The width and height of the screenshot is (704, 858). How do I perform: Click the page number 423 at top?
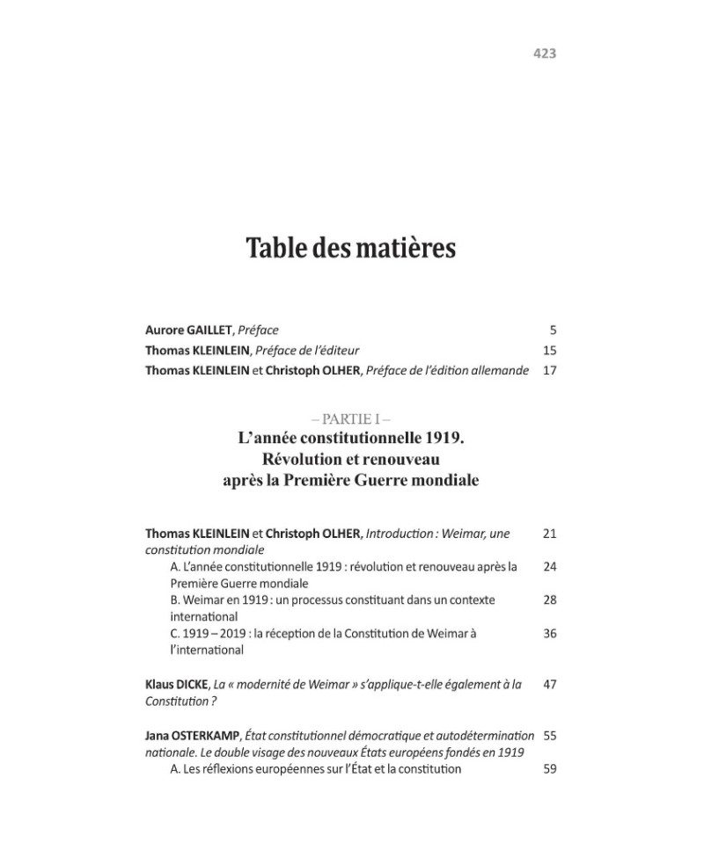click(545, 54)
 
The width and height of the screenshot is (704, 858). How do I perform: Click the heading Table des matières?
click(350, 248)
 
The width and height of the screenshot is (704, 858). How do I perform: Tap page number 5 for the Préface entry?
click(552, 331)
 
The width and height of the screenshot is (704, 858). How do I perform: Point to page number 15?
click(550, 350)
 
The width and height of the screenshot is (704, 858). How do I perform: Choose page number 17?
click(550, 370)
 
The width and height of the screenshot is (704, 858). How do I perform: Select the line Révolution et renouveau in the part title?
click(350, 458)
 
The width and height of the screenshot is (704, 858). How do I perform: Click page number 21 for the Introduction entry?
click(550, 534)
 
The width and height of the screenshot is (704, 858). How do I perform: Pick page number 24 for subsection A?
click(550, 566)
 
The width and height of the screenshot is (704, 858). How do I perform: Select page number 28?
click(550, 600)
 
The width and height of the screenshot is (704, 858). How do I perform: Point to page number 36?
click(550, 633)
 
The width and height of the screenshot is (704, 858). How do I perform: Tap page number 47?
click(550, 684)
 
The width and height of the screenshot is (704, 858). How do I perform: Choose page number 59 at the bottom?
click(550, 768)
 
